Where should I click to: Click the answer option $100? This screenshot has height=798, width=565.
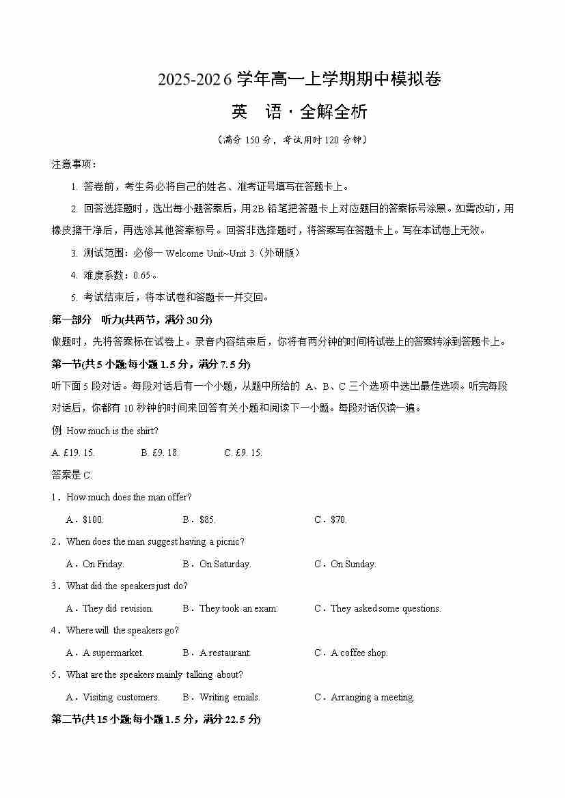93,520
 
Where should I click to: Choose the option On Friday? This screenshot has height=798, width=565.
103,565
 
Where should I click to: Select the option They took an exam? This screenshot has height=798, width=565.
238,609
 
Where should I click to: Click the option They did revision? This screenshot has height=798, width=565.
118,609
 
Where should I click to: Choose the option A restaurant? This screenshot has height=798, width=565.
225,653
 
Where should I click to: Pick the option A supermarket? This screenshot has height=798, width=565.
113,653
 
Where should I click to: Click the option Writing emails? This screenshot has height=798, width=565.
230,698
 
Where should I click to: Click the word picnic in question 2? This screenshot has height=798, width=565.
230,542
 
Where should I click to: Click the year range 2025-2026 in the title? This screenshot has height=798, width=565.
195,80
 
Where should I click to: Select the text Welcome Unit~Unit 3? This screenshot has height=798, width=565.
210,253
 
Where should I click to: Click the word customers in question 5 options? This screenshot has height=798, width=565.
138,698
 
